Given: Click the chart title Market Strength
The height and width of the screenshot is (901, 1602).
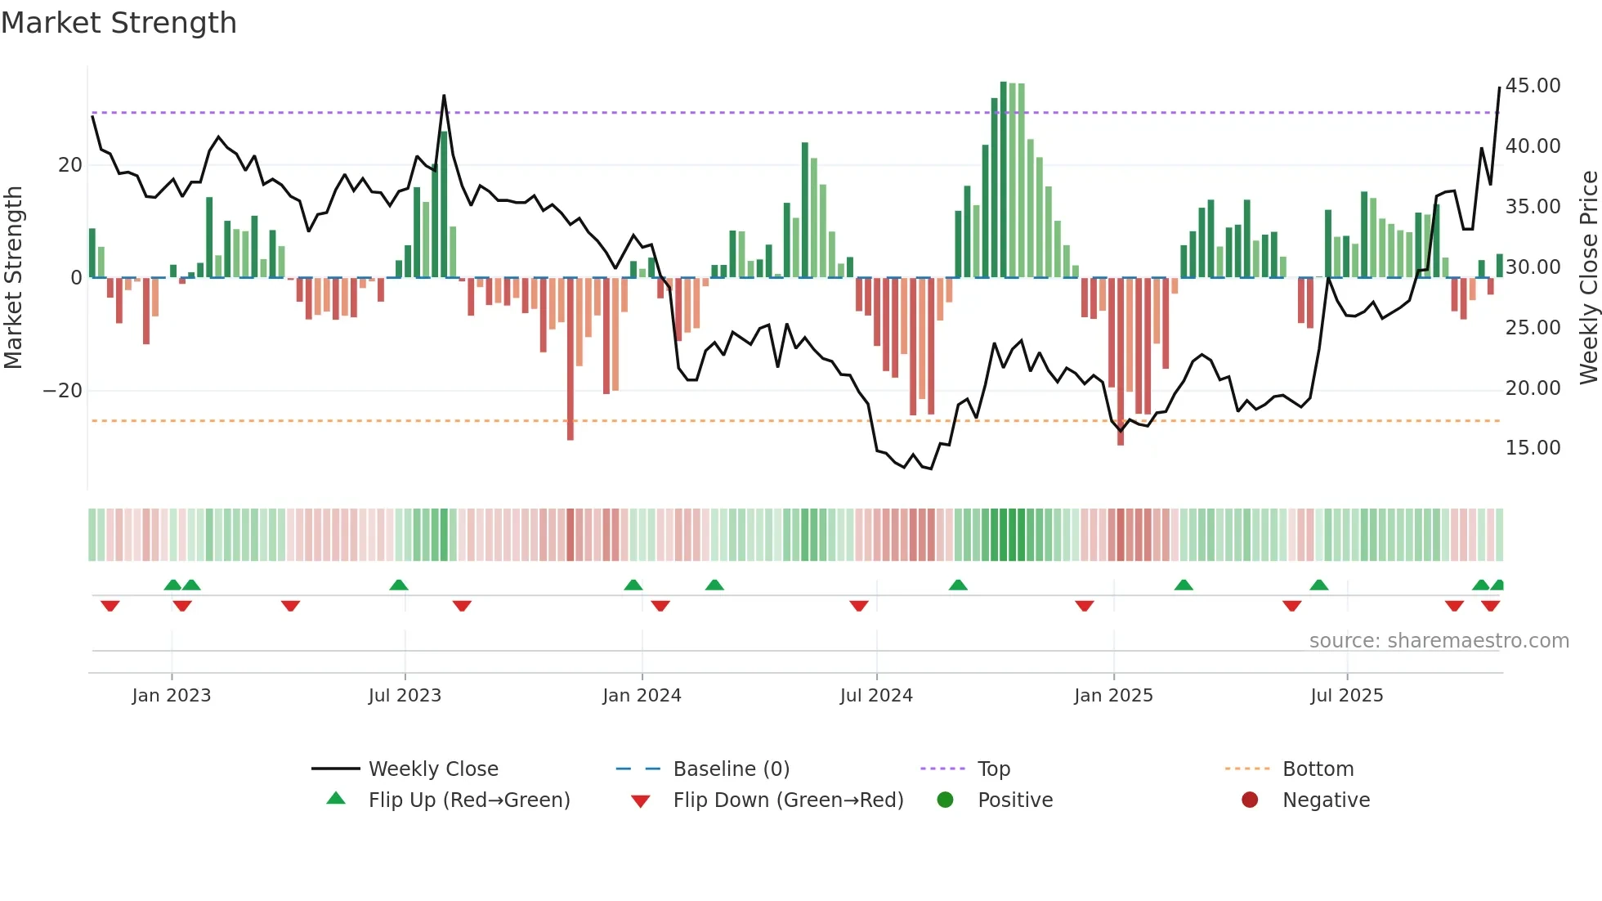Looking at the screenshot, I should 119,23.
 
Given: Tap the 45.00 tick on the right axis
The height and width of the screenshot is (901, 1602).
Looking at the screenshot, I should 1533,86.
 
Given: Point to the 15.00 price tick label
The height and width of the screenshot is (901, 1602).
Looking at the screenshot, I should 1533,448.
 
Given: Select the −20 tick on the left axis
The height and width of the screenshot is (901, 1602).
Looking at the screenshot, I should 63,391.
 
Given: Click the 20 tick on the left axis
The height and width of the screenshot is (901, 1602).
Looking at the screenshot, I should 69,165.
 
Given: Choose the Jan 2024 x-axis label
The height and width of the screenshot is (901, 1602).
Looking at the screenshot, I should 642,696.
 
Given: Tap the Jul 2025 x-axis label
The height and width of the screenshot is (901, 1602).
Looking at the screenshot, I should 1346,696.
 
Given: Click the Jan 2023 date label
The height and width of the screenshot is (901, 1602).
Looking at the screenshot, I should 172,696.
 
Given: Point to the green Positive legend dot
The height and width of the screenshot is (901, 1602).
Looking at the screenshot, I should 946,800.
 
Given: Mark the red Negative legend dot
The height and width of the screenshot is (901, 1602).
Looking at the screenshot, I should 1250,800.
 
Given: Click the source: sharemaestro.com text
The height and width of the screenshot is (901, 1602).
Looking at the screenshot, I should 1439,641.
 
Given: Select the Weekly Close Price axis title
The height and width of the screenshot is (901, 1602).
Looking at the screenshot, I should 1588,278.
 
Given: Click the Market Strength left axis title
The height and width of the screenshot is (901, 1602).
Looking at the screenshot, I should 14,278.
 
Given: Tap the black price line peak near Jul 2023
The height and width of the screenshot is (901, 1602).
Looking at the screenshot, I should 444,96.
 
